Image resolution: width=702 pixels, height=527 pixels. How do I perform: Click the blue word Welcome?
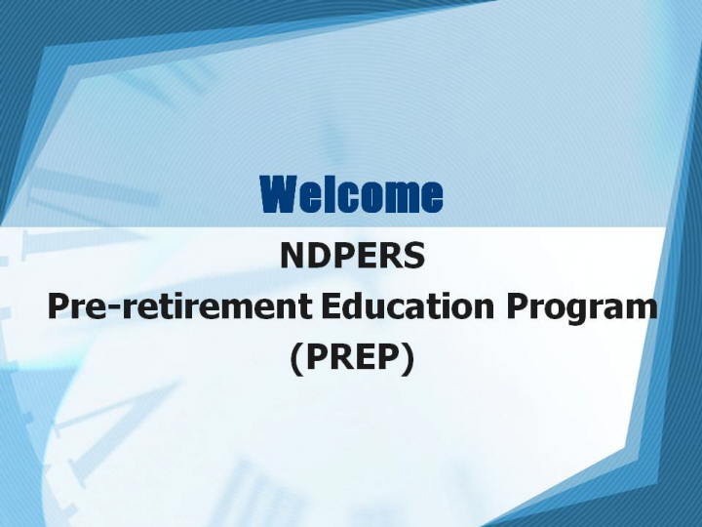tap(351, 194)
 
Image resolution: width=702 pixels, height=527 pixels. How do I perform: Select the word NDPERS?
tap(352, 256)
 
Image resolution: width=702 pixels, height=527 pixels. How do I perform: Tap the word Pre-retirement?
tap(179, 307)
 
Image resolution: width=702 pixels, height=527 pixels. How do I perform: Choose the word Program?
tap(581, 309)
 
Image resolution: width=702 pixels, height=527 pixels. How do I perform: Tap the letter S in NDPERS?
tap(413, 256)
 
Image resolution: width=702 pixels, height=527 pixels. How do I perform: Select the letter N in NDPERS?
tap(292, 256)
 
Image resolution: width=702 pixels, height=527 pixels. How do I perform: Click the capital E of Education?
tap(331, 306)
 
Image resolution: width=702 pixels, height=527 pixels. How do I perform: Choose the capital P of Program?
tap(517, 306)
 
